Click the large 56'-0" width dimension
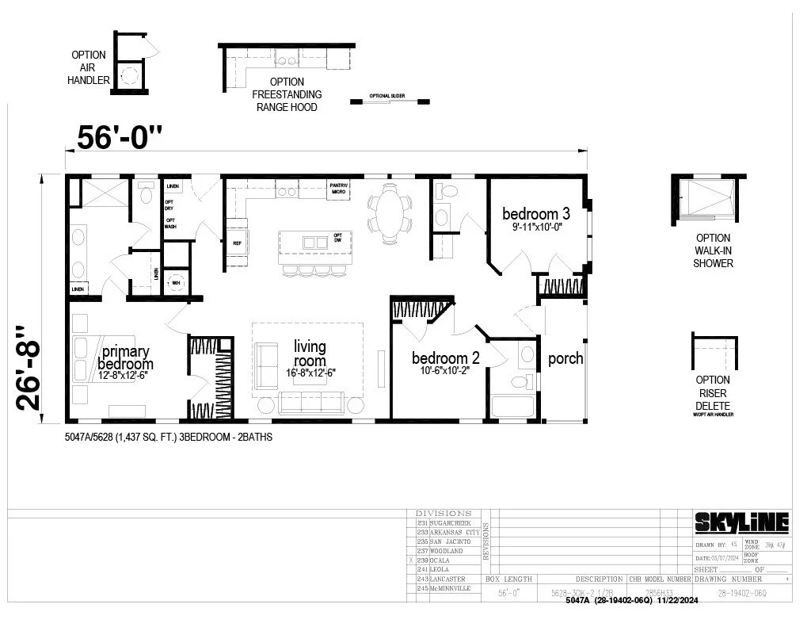coord(119,138)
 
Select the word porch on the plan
coord(565,358)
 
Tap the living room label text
coord(310,354)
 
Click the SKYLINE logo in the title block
coord(741,523)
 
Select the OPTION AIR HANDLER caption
coord(88,67)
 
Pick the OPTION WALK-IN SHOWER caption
coord(713,250)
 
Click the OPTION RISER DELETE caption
coord(713,394)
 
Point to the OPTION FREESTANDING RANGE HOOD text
coord(286,94)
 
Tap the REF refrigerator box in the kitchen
coord(236,243)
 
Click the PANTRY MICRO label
coord(339,188)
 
